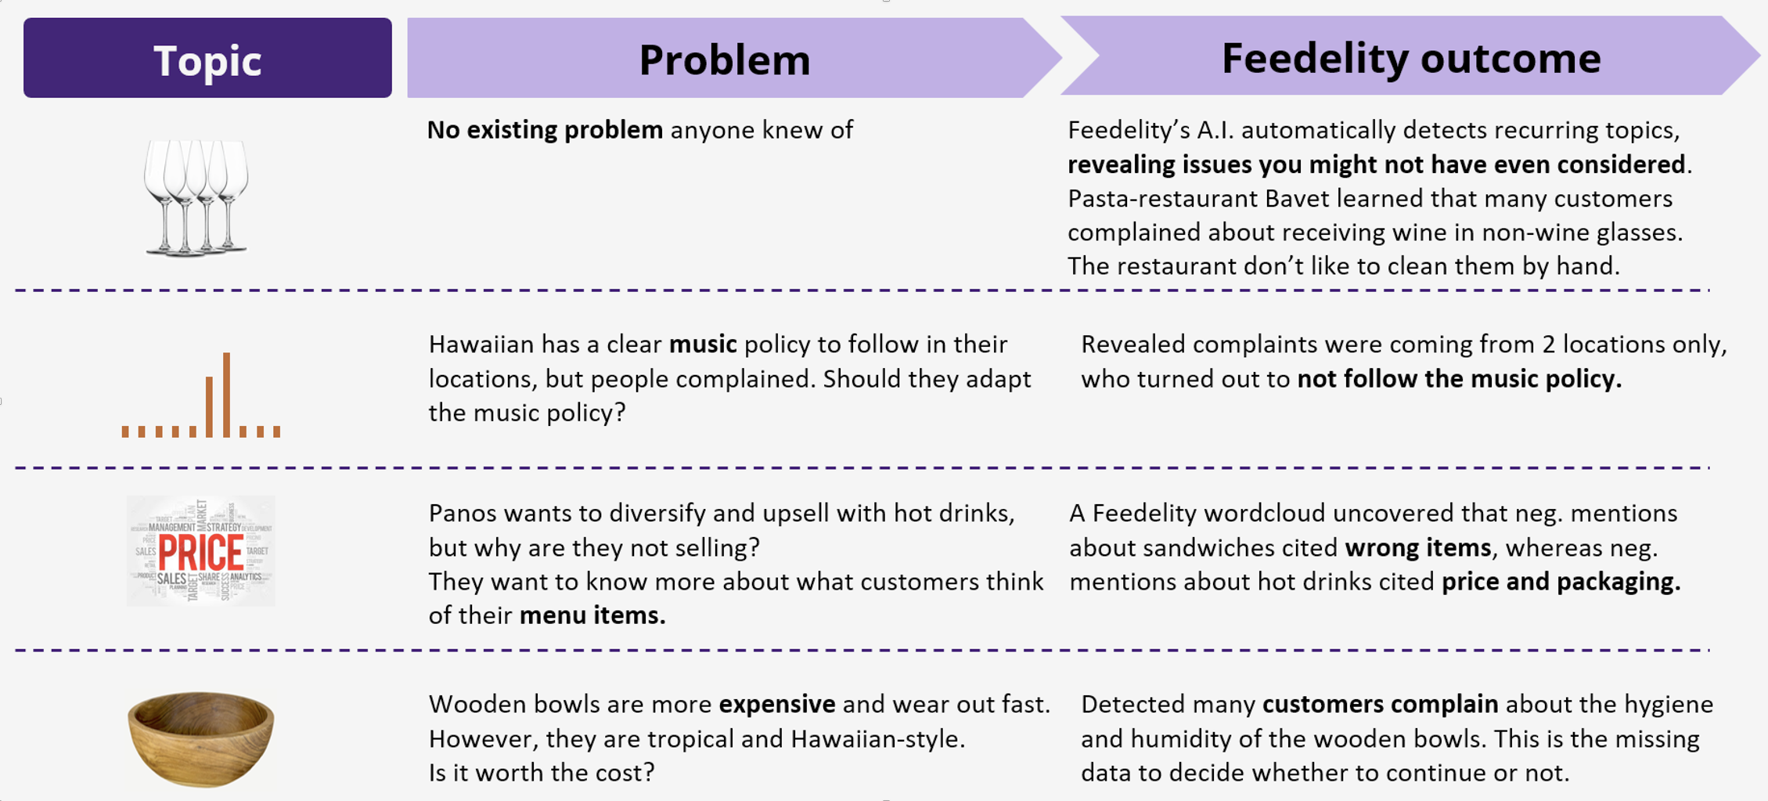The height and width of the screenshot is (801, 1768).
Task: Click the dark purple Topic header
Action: [x=207, y=59]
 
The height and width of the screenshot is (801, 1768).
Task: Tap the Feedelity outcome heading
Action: [x=1410, y=57]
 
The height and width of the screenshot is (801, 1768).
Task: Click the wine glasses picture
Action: [x=196, y=197]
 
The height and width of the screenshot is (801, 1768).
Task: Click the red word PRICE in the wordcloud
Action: [x=201, y=552]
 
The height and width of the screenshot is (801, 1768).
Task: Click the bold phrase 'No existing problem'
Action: [x=545, y=130]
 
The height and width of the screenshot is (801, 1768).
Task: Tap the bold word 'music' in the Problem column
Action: [x=702, y=345]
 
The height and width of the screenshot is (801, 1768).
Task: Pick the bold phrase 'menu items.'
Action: [x=592, y=615]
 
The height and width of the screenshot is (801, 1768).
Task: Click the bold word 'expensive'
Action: [x=776, y=705]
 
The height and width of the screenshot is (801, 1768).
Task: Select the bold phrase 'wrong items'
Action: [x=1417, y=548]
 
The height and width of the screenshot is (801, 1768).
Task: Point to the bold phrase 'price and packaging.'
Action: [x=1561, y=582]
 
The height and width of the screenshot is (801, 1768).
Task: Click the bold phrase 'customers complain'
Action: [x=1380, y=705]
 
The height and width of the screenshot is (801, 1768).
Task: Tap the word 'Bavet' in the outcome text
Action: [x=1296, y=199]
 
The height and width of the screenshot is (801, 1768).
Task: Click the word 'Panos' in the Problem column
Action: [x=462, y=514]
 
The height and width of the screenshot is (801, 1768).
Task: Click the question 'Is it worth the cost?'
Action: [x=541, y=773]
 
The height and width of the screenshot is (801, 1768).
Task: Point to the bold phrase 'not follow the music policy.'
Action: [x=1459, y=379]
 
